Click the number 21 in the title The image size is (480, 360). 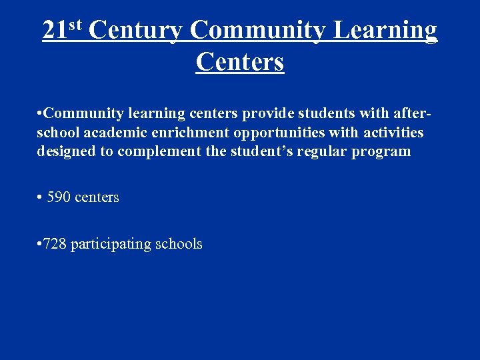[x=54, y=31]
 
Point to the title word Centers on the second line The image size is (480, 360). [x=240, y=62]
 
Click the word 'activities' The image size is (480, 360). [x=393, y=133]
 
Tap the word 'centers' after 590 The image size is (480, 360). [x=97, y=197]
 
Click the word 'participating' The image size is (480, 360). [x=111, y=245]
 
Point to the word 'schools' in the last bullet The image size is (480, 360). [x=179, y=244]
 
